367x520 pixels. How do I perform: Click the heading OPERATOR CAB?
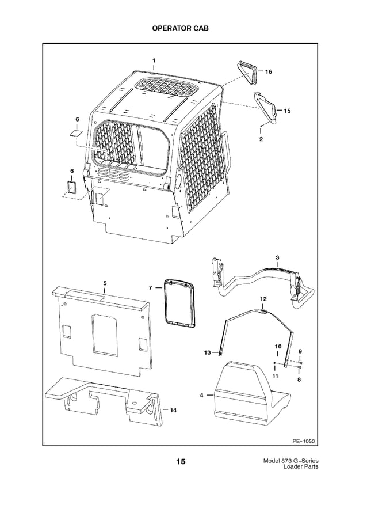pyautogui.click(x=183, y=28)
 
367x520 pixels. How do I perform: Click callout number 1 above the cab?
pyautogui.click(x=154, y=60)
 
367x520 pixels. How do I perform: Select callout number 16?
pyautogui.click(x=269, y=71)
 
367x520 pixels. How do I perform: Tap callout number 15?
pyautogui.click(x=287, y=109)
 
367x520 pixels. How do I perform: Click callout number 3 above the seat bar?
pyautogui.click(x=277, y=257)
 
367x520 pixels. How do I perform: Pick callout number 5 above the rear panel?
pyautogui.click(x=105, y=283)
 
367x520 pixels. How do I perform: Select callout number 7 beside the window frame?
pyautogui.click(x=150, y=287)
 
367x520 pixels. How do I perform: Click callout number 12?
pyautogui.click(x=263, y=299)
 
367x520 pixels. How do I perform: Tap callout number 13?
pyautogui.click(x=207, y=352)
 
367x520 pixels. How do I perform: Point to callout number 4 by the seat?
pyautogui.click(x=202, y=396)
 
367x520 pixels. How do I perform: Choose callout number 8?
pyautogui.click(x=299, y=380)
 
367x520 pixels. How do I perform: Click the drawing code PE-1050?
pyautogui.click(x=304, y=442)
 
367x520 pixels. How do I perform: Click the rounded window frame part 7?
pyautogui.click(x=178, y=303)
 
